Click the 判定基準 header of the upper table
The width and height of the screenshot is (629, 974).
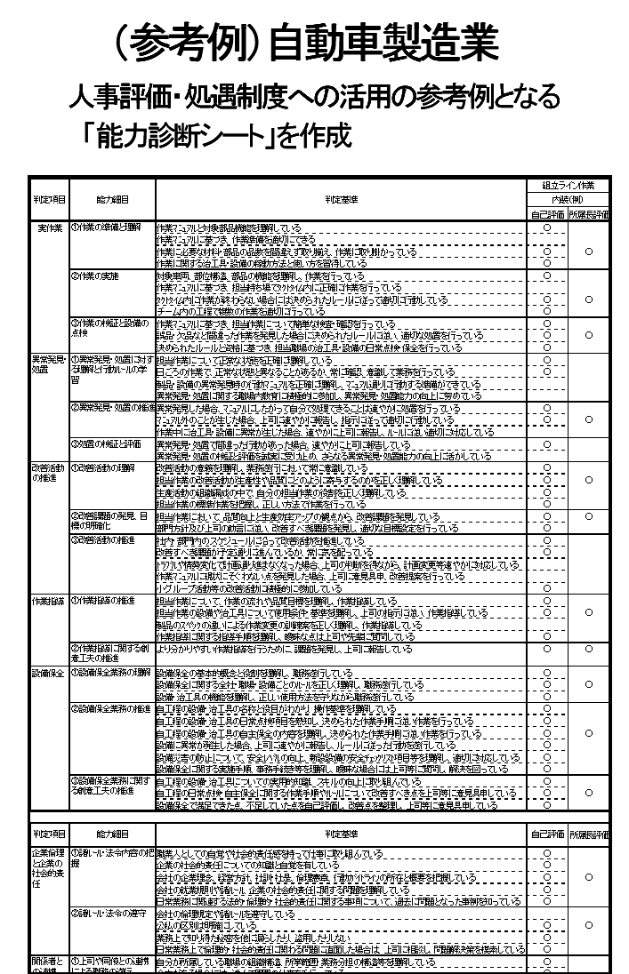click(341, 199)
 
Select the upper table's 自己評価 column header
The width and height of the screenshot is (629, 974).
click(548, 213)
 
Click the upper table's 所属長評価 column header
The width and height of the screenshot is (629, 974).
click(588, 213)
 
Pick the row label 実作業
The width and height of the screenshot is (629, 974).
click(49, 228)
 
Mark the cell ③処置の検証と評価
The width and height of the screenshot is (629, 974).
click(106, 443)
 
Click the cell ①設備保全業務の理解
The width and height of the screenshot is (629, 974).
click(111, 672)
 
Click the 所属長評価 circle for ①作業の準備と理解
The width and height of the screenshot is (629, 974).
click(588, 251)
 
